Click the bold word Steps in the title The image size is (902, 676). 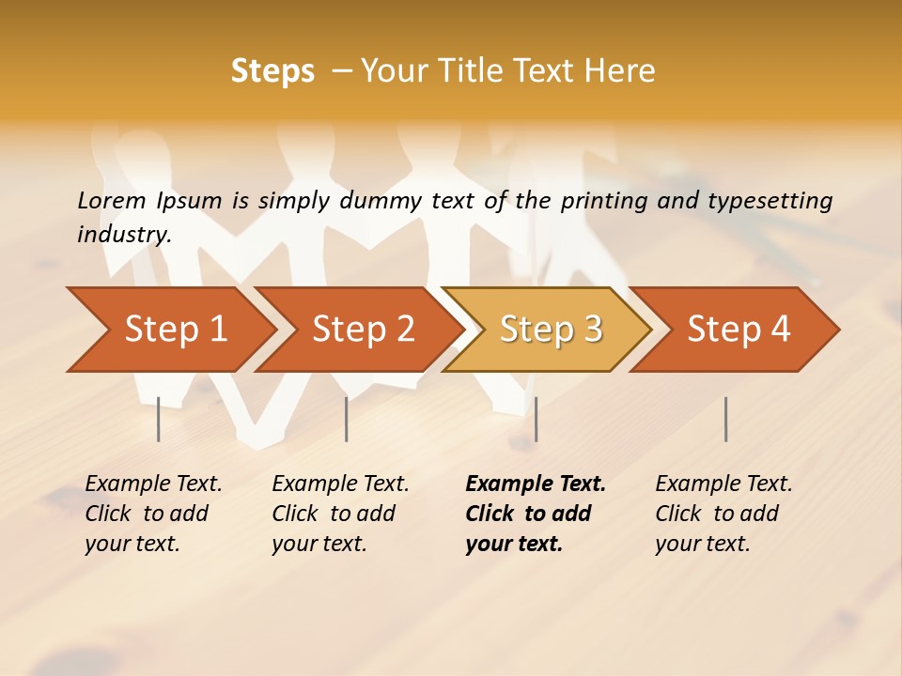click(x=272, y=71)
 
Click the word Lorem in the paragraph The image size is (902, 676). click(x=111, y=200)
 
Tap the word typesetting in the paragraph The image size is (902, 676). click(x=770, y=200)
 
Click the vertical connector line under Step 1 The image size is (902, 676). click(x=159, y=419)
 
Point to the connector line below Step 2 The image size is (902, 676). click(x=347, y=419)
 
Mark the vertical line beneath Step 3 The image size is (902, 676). click(x=536, y=419)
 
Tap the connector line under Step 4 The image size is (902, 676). click(x=725, y=419)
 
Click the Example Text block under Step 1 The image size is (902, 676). click(x=153, y=514)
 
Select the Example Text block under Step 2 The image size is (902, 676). click(x=340, y=514)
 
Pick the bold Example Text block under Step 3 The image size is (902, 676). click(x=536, y=514)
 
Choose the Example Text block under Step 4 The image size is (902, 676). click(x=723, y=514)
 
